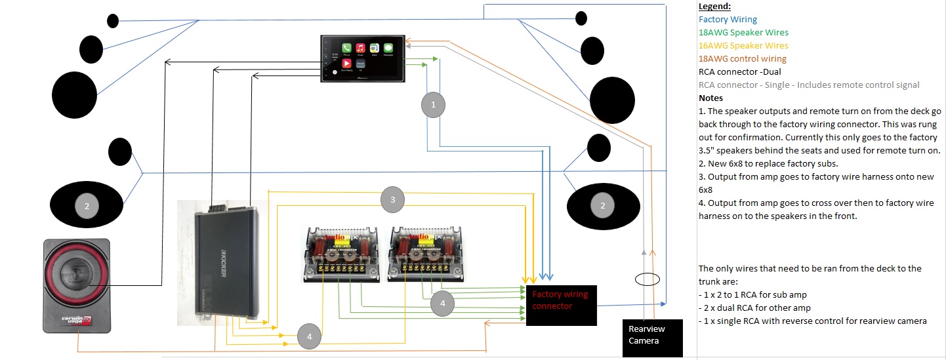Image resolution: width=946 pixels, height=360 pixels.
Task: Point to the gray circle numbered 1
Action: coord(432,104)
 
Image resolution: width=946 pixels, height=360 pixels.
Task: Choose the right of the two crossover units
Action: coord(424,253)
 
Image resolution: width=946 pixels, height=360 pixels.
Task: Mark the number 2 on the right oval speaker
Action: coord(602,205)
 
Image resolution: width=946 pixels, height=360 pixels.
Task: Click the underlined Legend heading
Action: coord(714,7)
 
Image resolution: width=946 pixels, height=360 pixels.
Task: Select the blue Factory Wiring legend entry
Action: coord(728,20)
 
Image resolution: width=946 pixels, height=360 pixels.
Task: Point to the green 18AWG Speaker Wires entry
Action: coord(743,33)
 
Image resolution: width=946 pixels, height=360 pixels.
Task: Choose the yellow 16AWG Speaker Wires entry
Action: coord(743,46)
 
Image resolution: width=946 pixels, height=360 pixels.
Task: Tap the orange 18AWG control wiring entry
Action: coord(742,59)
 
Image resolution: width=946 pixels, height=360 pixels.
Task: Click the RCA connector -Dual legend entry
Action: coord(739,72)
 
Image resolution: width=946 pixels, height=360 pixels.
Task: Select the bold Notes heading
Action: coord(710,98)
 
